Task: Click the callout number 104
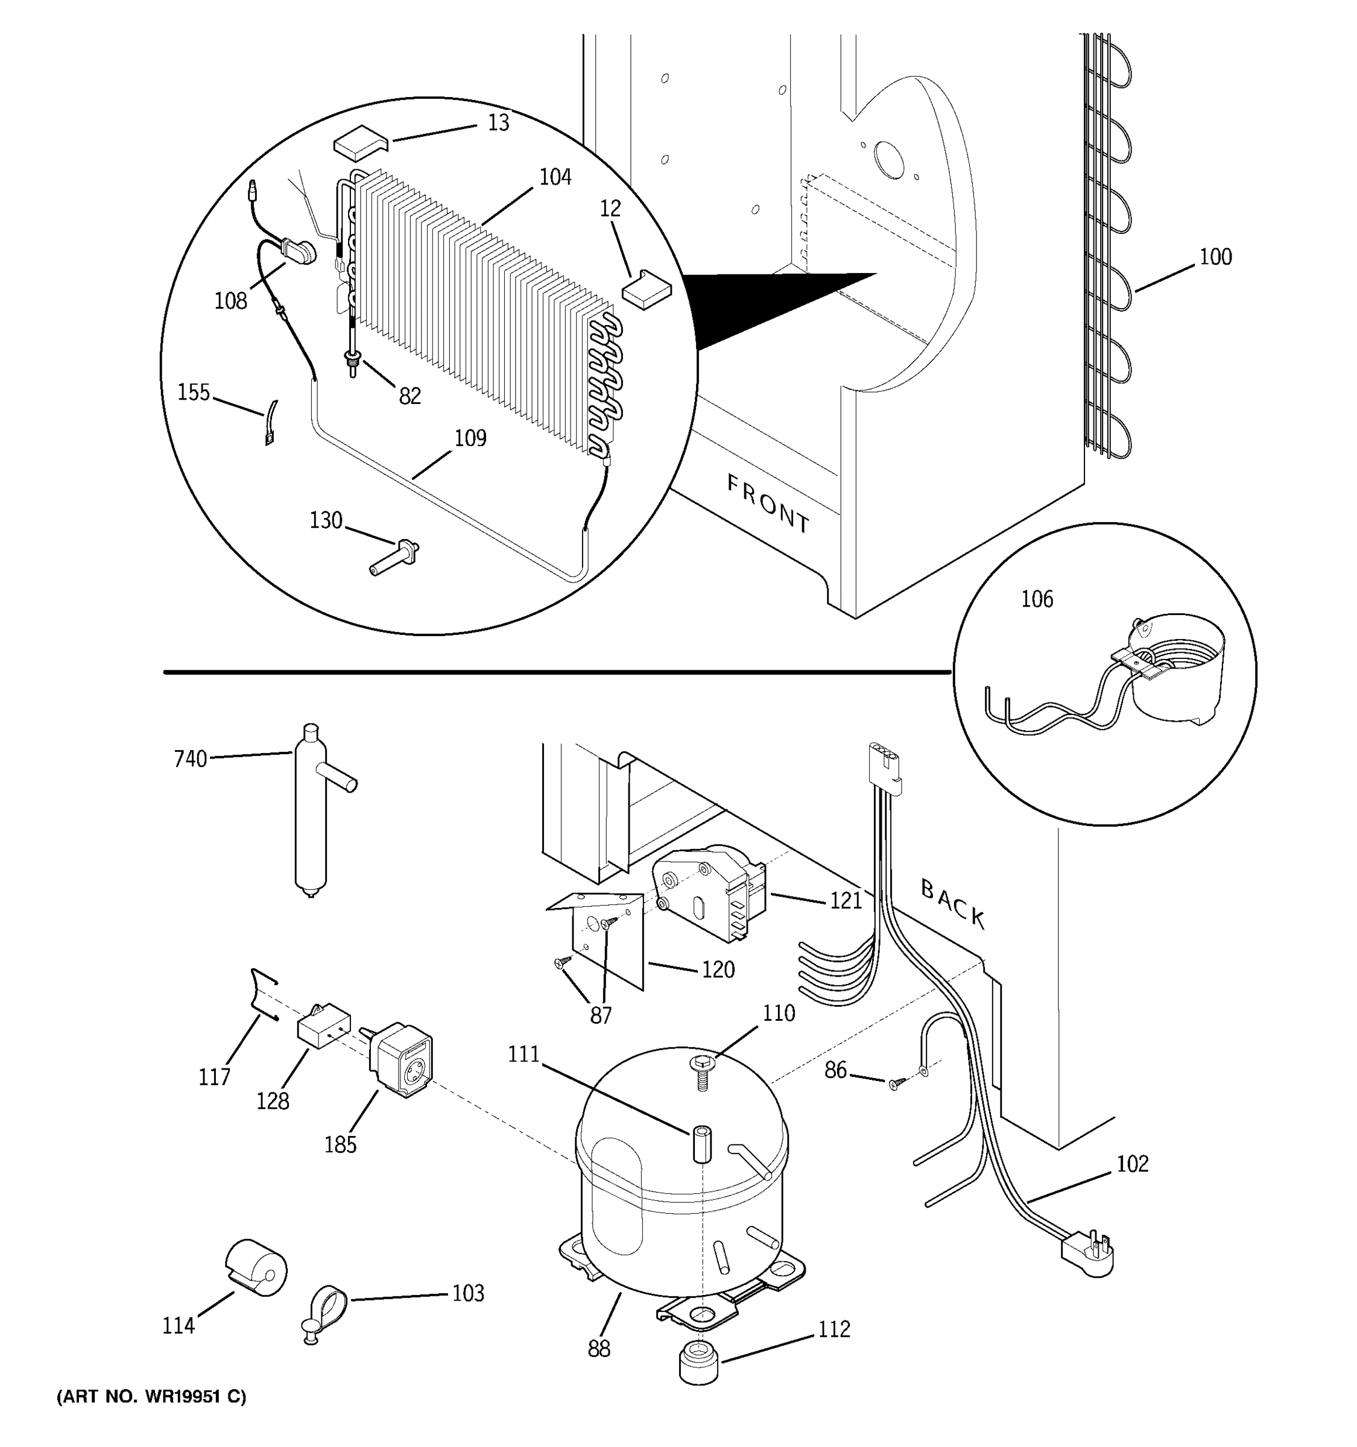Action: [x=555, y=177]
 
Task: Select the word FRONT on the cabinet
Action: [x=768, y=503]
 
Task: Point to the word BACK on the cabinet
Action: [x=952, y=903]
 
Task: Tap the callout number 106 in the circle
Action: [x=1037, y=599]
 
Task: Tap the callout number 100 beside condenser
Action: [x=1215, y=257]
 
